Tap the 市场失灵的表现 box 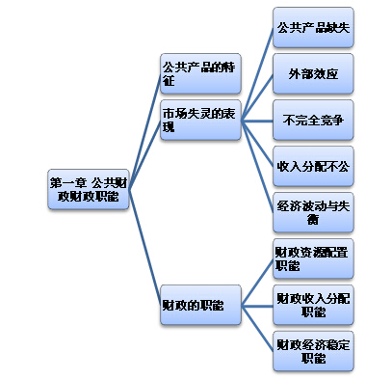click(200, 121)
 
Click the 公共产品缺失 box click(312, 27)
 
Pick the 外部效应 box click(312, 73)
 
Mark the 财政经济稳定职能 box click(312, 350)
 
